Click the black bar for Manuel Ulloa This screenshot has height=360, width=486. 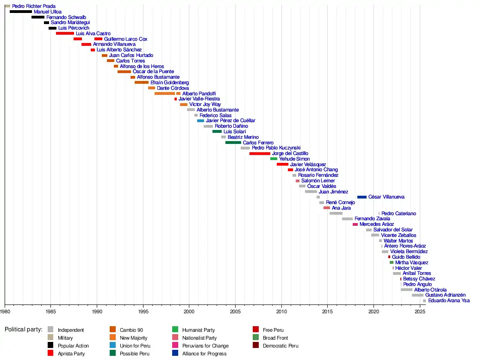tap(21, 12)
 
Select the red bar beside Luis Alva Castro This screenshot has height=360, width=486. tap(65, 33)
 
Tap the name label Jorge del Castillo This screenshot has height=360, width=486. tap(290, 153)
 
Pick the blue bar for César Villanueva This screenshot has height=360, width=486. tap(361, 197)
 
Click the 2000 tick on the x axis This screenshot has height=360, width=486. tap(189, 304)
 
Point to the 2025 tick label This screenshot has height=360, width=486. tap(419, 312)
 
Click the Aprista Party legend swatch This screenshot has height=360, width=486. tap(50, 354)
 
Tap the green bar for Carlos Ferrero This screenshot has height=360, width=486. tap(233, 143)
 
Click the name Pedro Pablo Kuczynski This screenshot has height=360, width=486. tap(276, 148)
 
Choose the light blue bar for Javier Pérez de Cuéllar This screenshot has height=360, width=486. tap(200, 121)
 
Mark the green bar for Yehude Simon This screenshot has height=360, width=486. tap(274, 159)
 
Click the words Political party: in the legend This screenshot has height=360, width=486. tap(24, 329)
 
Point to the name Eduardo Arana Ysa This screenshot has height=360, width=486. tap(449, 301)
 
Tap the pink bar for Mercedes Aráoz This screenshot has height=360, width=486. tap(355, 224)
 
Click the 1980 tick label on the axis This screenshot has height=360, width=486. tap(5, 312)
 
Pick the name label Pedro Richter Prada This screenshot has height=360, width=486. tap(34, 6)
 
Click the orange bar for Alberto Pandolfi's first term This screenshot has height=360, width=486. tap(164, 93)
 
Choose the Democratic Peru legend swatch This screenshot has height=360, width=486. tap(255, 346)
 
